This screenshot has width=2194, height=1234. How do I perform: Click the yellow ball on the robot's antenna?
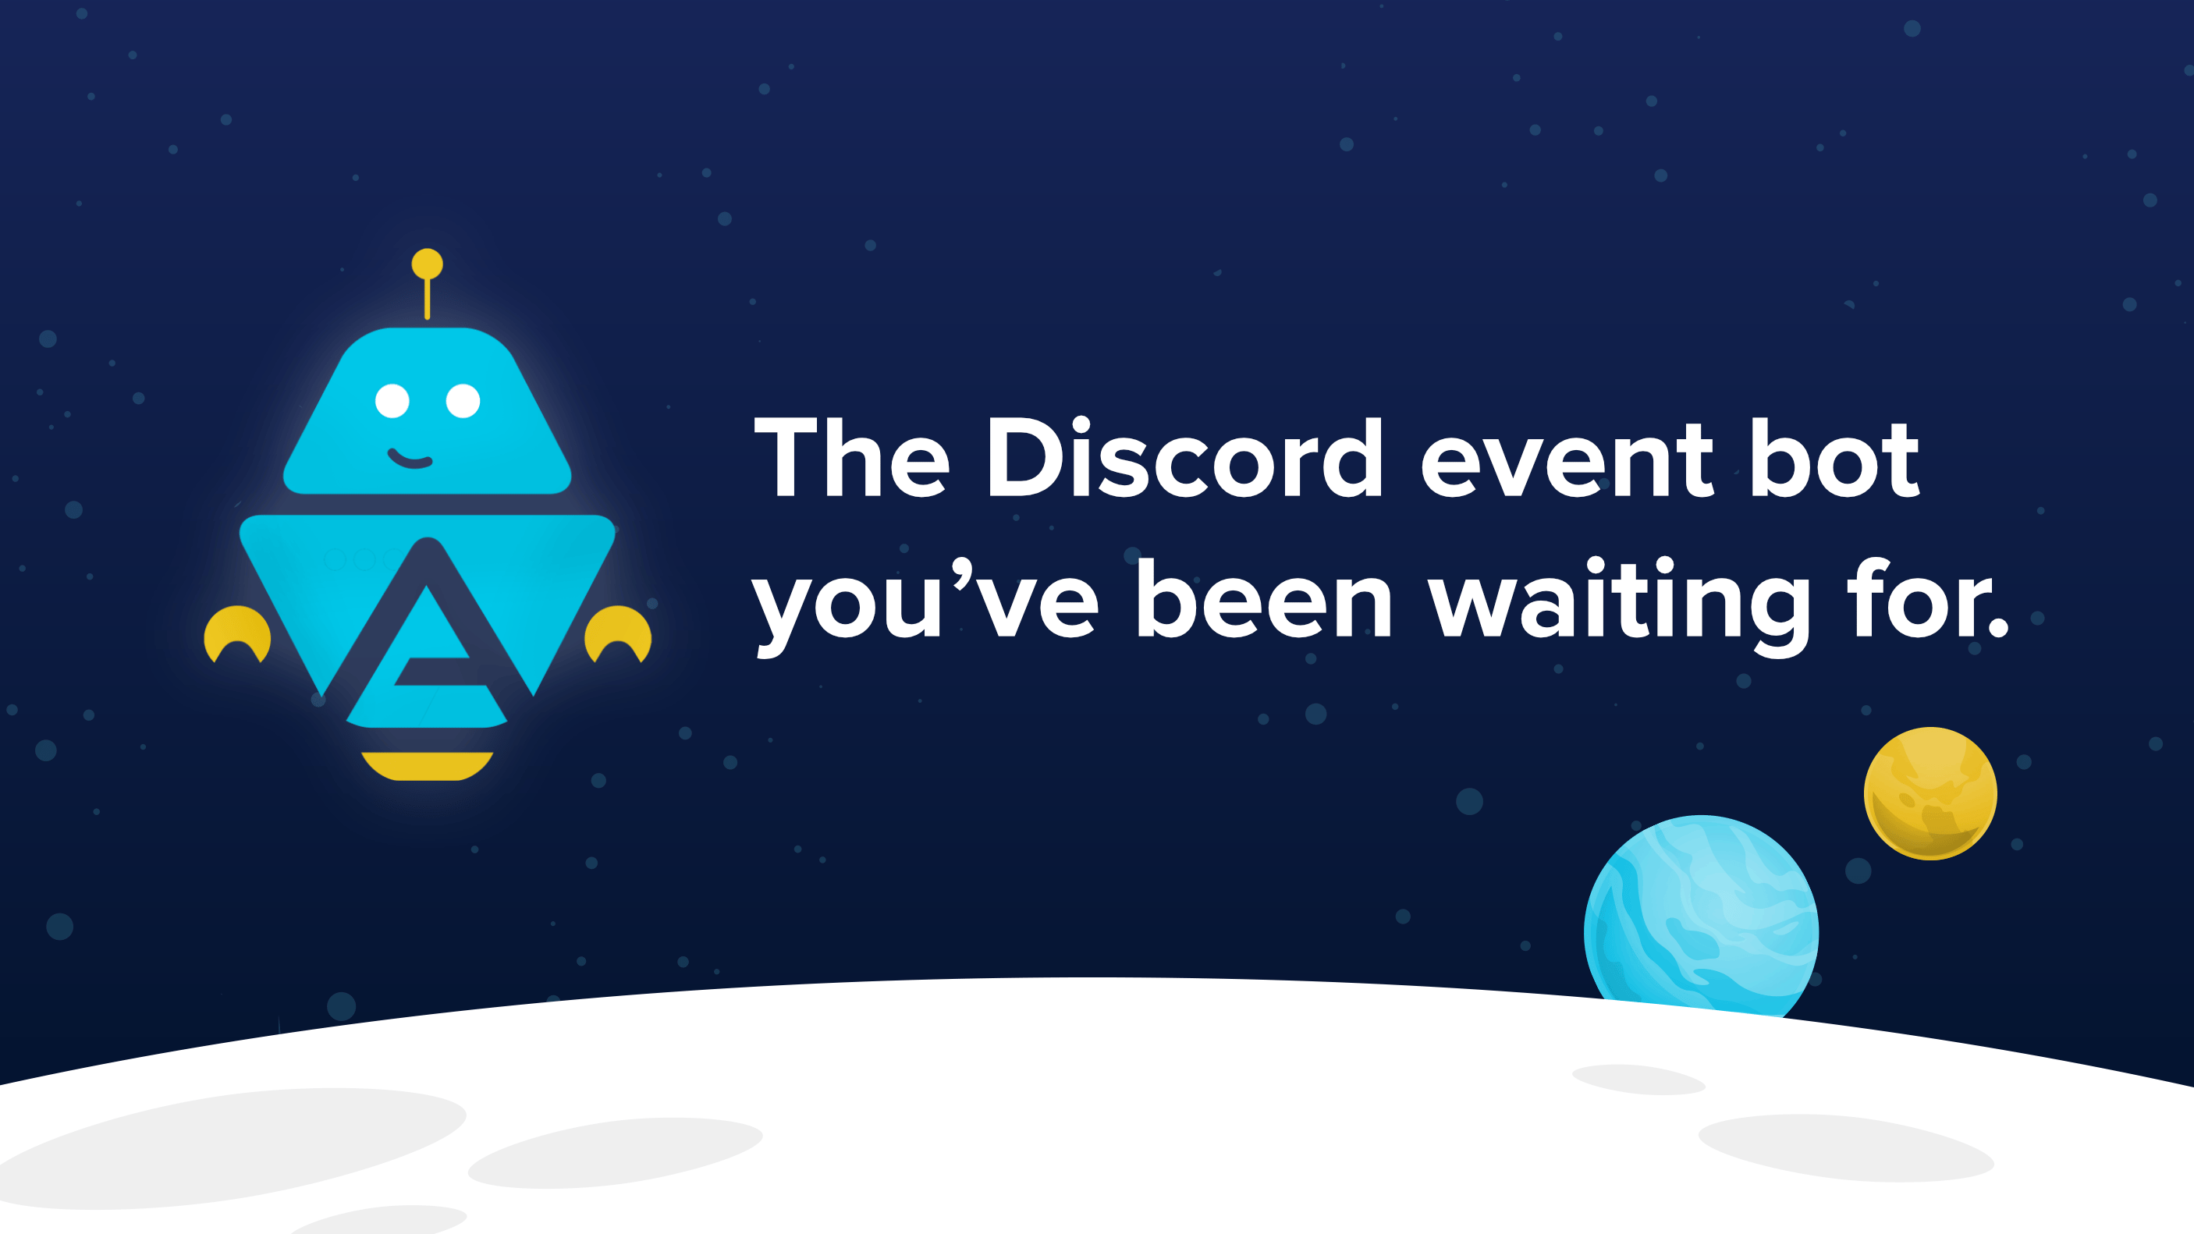point(427,263)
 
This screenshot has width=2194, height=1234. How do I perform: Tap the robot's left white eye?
point(392,400)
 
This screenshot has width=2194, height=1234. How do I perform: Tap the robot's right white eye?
point(463,400)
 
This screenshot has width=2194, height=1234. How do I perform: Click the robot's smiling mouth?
point(410,460)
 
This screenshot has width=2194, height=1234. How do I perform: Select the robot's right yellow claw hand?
point(619,631)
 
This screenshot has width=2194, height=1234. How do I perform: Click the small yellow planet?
point(1930,793)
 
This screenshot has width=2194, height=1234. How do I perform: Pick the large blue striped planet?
point(1701,920)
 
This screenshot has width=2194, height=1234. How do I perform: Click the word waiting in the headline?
point(1618,601)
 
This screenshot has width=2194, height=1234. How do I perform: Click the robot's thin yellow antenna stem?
point(427,297)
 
